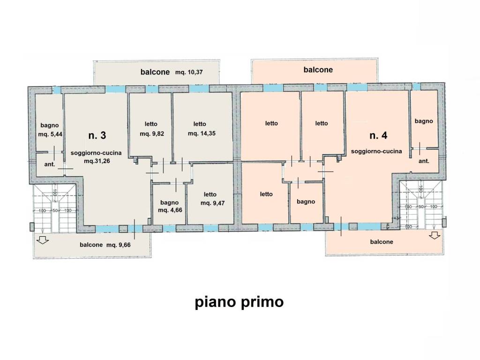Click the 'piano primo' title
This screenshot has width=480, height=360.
coord(240,302)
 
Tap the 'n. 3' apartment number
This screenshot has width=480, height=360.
coord(97,135)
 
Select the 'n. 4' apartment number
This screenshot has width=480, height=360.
coord(378,135)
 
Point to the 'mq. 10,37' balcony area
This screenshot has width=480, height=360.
coord(189,72)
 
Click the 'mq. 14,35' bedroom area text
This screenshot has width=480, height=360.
coord(202,134)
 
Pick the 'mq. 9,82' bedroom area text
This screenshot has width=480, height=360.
coord(152,134)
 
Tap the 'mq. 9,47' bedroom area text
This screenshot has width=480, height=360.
coord(212,203)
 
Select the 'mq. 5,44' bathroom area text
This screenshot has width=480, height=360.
coord(50,134)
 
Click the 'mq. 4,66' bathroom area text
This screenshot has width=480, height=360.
coord(170,210)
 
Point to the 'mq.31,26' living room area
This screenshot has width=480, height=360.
coord(97,161)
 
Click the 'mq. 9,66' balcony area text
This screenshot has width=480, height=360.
coord(119,245)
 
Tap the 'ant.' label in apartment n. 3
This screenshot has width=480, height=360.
coord(50,165)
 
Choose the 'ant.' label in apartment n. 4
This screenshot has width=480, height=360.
coord(424,161)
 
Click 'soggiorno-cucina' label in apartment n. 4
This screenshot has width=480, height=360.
coord(376,151)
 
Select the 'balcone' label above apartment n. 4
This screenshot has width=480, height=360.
coord(318,70)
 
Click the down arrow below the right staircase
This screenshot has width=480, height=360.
coord(435,235)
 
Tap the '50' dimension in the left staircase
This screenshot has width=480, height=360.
coord(55,210)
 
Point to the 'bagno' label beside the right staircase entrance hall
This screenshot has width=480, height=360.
coord(424,121)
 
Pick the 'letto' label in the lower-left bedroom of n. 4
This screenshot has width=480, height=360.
coord(266,194)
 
